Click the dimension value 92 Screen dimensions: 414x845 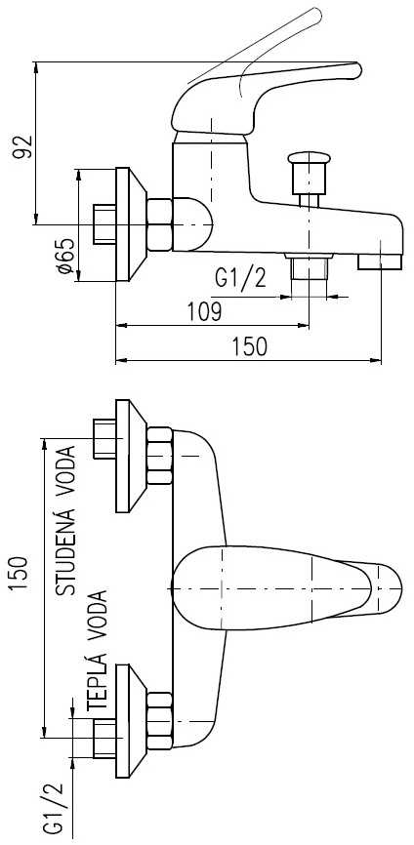pos(22,147)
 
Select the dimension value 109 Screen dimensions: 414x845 pos(204,311)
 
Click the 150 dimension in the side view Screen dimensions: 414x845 pos(250,346)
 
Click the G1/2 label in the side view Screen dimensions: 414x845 pos(240,278)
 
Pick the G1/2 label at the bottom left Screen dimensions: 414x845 pos(54,807)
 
